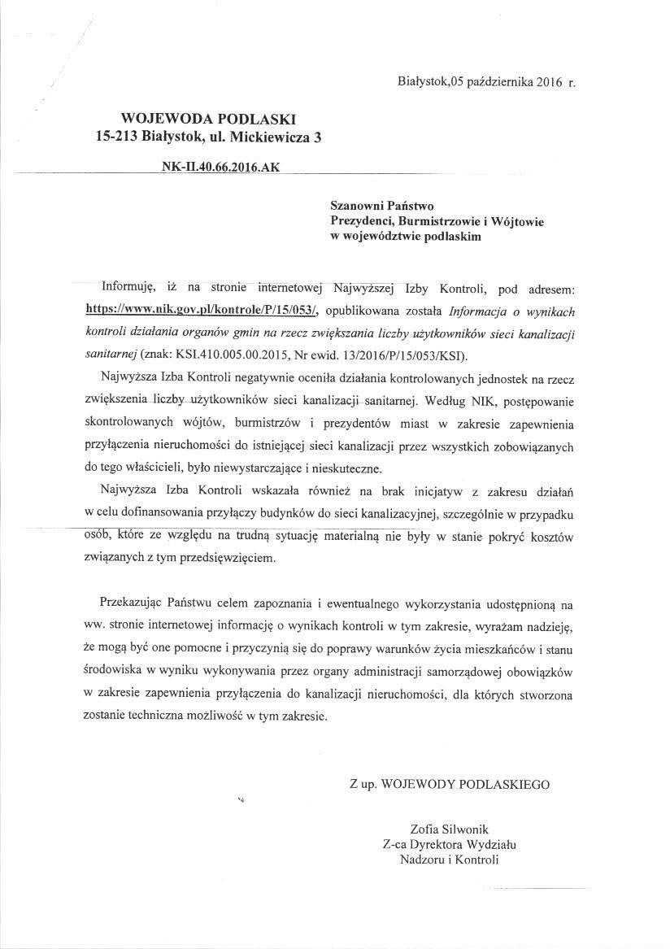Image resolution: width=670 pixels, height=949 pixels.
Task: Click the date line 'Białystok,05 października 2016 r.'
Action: click(x=487, y=82)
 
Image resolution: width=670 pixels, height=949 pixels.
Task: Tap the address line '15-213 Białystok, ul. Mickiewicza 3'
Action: click(x=208, y=137)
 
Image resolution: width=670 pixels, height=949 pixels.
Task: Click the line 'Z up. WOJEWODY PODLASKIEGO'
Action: click(x=449, y=785)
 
